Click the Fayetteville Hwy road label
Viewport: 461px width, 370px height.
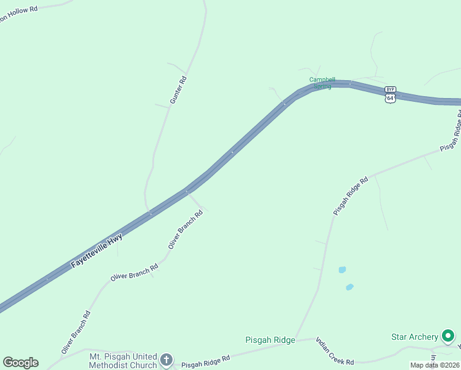(97, 250)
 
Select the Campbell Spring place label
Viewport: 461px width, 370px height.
(322, 83)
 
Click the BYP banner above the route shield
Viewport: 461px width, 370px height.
(391, 89)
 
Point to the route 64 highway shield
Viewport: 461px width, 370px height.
(391, 98)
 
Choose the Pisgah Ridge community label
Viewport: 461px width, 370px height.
(270, 340)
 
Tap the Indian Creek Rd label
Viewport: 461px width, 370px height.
(335, 351)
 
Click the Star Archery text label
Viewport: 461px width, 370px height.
(415, 337)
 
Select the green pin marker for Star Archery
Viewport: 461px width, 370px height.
(449, 336)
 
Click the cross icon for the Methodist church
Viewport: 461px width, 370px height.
(166, 360)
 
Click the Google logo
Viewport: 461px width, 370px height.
(20, 363)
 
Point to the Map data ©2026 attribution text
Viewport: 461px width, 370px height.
(435, 365)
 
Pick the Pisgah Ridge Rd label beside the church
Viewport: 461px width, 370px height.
(205, 361)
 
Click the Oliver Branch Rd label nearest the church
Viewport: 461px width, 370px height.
(76, 332)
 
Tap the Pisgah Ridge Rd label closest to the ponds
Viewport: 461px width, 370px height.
(351, 196)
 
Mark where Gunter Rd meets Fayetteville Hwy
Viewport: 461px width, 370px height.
(149, 213)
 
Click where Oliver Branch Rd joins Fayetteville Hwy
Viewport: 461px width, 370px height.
(186, 192)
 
